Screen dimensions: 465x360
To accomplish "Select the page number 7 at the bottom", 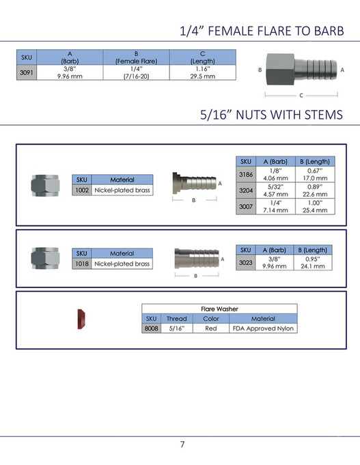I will (182, 445).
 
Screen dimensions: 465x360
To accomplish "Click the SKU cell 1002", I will (81, 190).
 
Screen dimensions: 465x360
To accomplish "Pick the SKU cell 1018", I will (81, 264).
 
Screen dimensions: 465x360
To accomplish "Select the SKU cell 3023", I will (246, 262).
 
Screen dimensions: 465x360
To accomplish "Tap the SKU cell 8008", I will (151, 328).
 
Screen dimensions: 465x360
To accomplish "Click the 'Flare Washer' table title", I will (219, 309).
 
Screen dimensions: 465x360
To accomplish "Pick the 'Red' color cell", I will (211, 328).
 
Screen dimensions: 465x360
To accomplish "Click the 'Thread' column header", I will (176, 319).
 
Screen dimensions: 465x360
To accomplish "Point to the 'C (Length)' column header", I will (203, 57).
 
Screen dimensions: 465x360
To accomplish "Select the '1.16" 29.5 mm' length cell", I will (203, 73).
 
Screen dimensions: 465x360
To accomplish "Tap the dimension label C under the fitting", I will (301, 96).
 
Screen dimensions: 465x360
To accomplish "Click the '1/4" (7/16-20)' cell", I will (136, 73).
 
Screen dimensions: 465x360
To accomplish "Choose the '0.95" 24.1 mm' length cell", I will (315, 262).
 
